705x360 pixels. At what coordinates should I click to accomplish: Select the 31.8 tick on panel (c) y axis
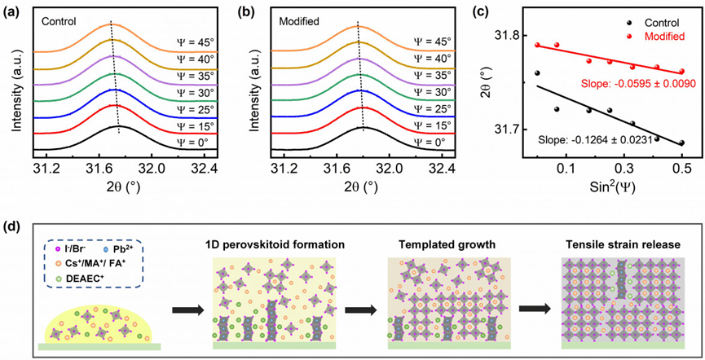click(x=508, y=36)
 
